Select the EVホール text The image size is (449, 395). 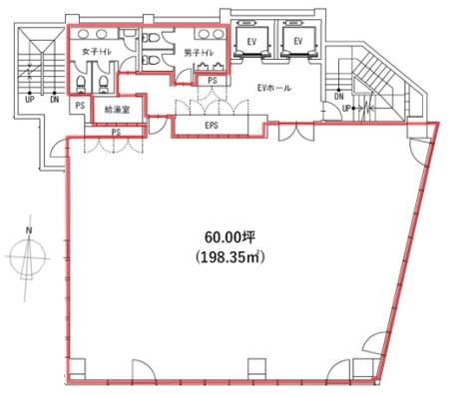(x=274, y=89)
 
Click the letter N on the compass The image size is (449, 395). (x=29, y=231)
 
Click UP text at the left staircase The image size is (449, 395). (x=30, y=101)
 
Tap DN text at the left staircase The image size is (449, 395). (x=54, y=101)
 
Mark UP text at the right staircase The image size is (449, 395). (x=345, y=108)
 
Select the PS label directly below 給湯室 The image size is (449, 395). (x=117, y=132)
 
